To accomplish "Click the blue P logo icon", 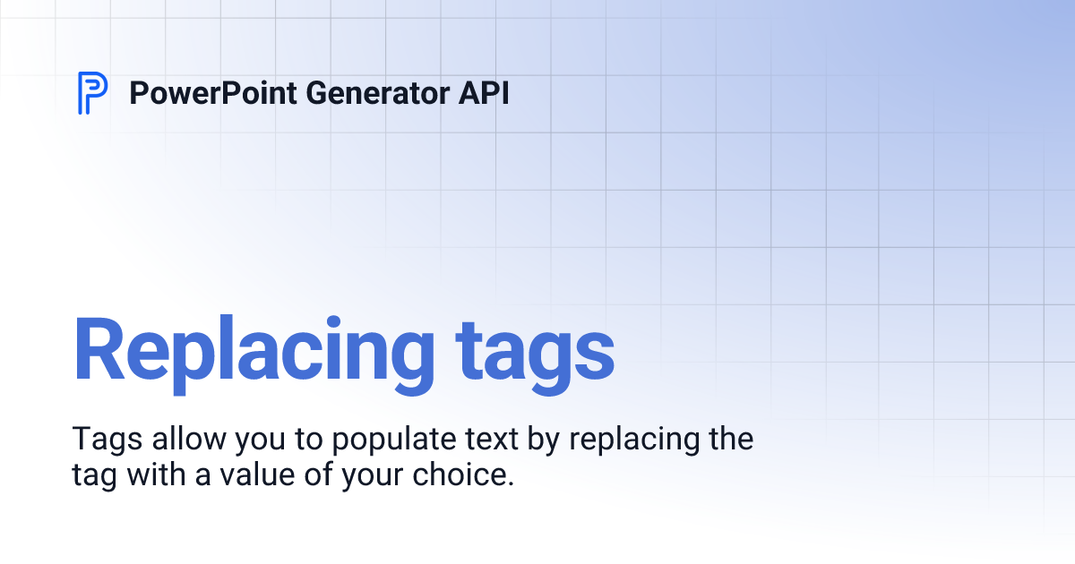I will [92, 92].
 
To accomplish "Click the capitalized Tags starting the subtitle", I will [101, 440].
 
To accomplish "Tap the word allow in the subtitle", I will [177, 440].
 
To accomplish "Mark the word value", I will [245, 474].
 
